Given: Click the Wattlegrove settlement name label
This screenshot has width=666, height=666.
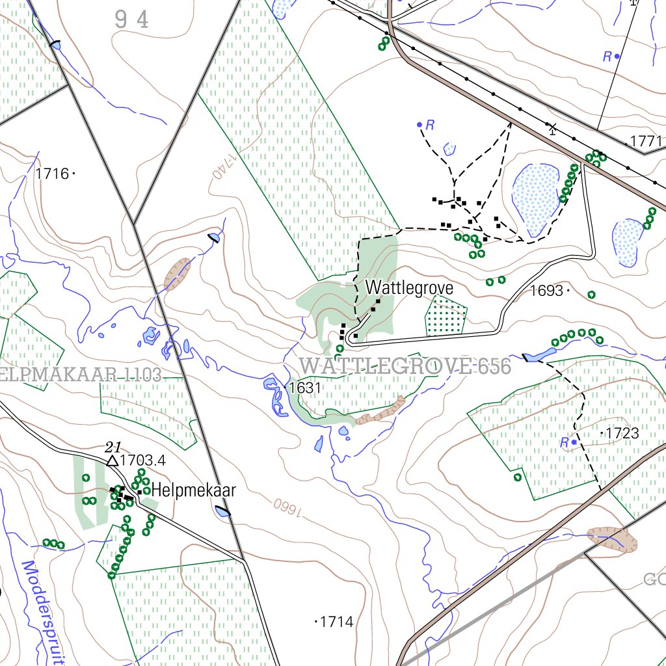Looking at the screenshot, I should pos(408,287).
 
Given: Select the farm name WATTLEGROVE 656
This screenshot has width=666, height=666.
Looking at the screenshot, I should pos(405,366).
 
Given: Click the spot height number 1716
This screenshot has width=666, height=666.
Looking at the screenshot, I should pos(52,174).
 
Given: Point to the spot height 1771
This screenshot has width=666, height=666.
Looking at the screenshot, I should pos(646,141).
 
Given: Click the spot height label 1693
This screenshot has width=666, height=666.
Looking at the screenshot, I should pos(546,291).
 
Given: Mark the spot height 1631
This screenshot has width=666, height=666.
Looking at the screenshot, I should pos(305,388).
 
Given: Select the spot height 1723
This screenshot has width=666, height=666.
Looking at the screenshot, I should pos(622,433).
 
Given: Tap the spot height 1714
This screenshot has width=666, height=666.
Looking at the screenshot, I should pos(337,622).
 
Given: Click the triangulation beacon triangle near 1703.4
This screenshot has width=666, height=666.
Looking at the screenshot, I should pos(113,461).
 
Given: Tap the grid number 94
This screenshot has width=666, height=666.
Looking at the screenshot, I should pos(132,20).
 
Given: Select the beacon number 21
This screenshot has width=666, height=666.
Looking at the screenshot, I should pos(113,446).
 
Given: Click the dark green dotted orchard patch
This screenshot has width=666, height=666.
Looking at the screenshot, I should pos(446,317).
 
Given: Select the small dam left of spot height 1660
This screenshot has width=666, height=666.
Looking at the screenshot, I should pos(223,512).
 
